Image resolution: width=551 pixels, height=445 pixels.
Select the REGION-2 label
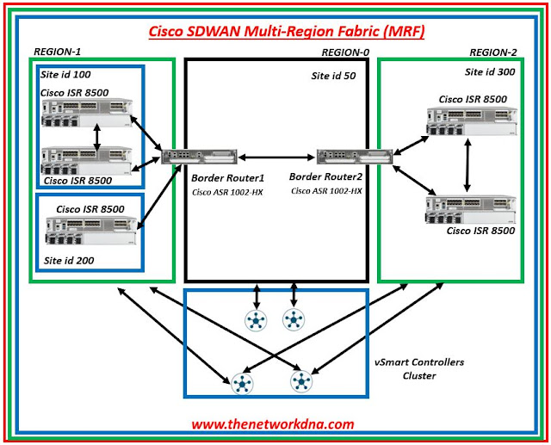[496, 52]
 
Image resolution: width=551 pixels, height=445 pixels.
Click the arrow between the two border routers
[274, 157]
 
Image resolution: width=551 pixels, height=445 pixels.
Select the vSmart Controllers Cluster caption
[427, 368]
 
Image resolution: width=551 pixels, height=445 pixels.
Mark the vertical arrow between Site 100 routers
[96, 138]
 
